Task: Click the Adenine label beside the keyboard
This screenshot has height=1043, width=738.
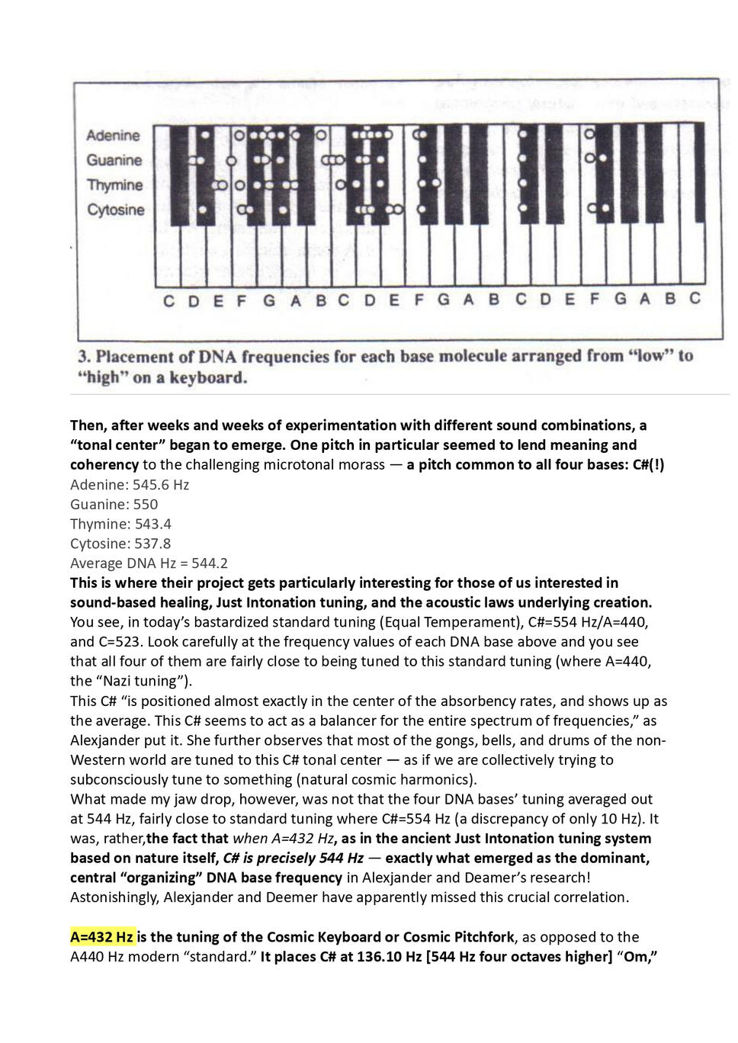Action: pos(113,136)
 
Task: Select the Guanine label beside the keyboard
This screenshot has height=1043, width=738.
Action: pos(114,160)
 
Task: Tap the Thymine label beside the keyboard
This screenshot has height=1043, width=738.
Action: pos(114,185)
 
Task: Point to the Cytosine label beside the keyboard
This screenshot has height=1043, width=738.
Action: pos(115,210)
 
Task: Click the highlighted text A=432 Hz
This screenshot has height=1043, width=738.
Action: pos(102,936)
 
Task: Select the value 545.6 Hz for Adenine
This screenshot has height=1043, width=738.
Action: pos(161,485)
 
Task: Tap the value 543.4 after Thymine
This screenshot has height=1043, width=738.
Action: pos(153,525)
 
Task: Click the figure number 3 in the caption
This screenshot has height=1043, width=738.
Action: pos(85,357)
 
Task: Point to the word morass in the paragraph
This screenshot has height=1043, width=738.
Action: pos(361,465)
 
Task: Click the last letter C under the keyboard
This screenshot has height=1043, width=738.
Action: pos(695,298)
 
